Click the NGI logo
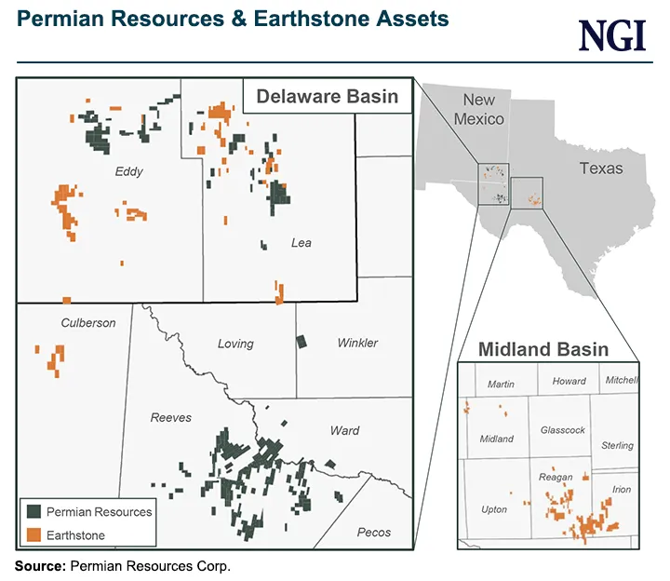(611, 35)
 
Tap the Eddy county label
(129, 172)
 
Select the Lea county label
(301, 243)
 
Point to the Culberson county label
(88, 323)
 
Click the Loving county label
(235, 344)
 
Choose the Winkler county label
(357, 344)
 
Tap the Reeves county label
(171, 418)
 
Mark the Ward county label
(344, 431)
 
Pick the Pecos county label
(374, 533)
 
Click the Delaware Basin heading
(328, 96)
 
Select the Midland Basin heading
(543, 350)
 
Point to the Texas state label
(601, 169)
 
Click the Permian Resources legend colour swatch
(33, 512)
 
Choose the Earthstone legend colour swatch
(33, 535)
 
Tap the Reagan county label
(556, 477)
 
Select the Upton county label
(494, 510)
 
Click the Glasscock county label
(563, 430)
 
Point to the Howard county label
(569, 381)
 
